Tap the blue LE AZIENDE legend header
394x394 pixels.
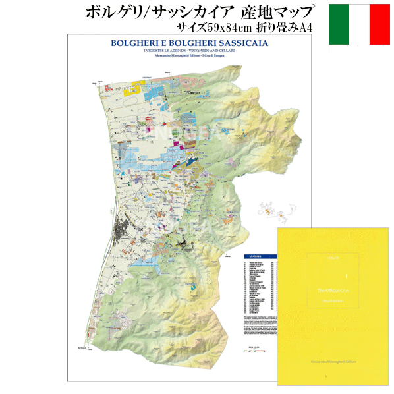(253, 254)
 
